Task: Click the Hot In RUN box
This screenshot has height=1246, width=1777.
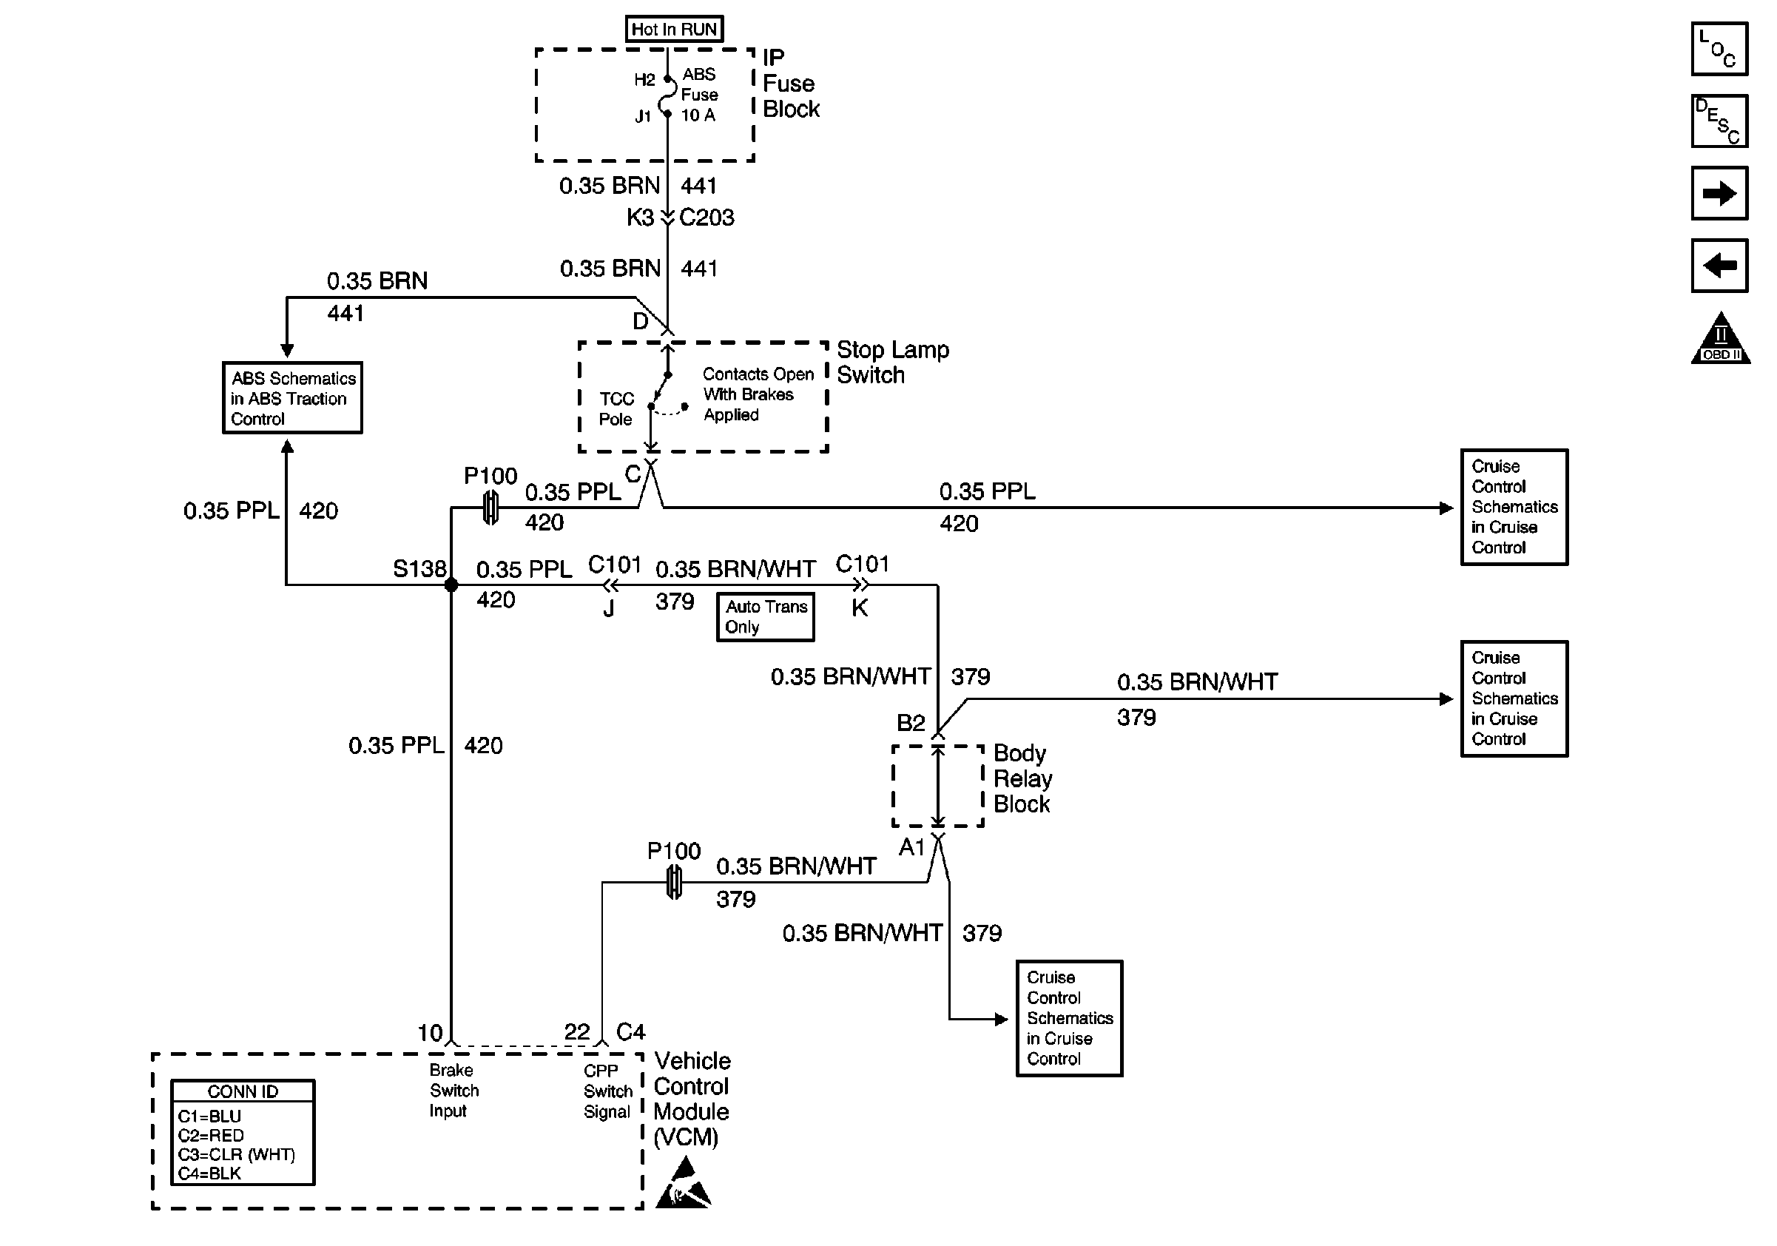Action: [x=674, y=30]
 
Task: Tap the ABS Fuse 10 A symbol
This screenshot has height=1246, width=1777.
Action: [x=667, y=97]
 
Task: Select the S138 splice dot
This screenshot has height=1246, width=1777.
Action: [x=451, y=585]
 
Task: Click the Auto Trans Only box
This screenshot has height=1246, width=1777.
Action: [x=766, y=617]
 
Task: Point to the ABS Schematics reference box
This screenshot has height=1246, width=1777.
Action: [x=292, y=398]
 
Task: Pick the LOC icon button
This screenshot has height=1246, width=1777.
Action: [x=1719, y=49]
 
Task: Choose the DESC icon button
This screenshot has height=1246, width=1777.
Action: [x=1719, y=121]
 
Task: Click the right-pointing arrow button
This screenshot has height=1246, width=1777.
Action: [x=1719, y=193]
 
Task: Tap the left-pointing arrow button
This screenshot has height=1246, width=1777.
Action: [x=1719, y=266]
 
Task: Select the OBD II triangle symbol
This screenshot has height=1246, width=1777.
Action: [x=1721, y=340]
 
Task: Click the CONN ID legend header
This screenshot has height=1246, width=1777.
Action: [x=243, y=1091]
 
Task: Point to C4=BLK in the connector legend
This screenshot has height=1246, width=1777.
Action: [x=210, y=1173]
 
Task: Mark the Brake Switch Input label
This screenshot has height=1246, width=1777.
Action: [x=454, y=1091]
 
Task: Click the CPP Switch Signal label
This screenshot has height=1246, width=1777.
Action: [x=607, y=1091]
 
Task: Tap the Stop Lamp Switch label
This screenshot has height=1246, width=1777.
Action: [x=892, y=363]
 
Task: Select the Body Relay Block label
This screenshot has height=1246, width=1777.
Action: [x=1022, y=778]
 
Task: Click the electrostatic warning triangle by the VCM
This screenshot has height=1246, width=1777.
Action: [x=684, y=1184]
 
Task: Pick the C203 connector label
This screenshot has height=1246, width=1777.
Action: [x=707, y=218]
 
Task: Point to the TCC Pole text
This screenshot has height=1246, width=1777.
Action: [x=616, y=408]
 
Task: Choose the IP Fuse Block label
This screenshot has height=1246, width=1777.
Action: [x=790, y=84]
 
